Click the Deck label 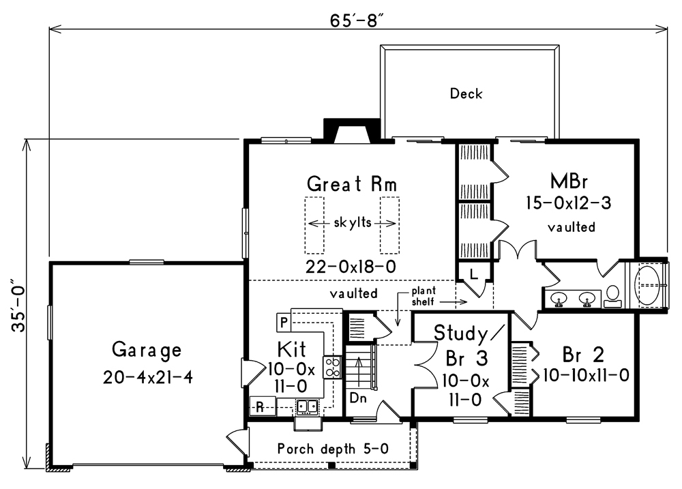point(466,94)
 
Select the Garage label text point(147,351)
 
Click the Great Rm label point(352,184)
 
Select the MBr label point(569,181)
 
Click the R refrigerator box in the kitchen point(261,408)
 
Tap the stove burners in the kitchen point(332,367)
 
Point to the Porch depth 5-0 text point(333,449)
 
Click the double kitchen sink point(307,406)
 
